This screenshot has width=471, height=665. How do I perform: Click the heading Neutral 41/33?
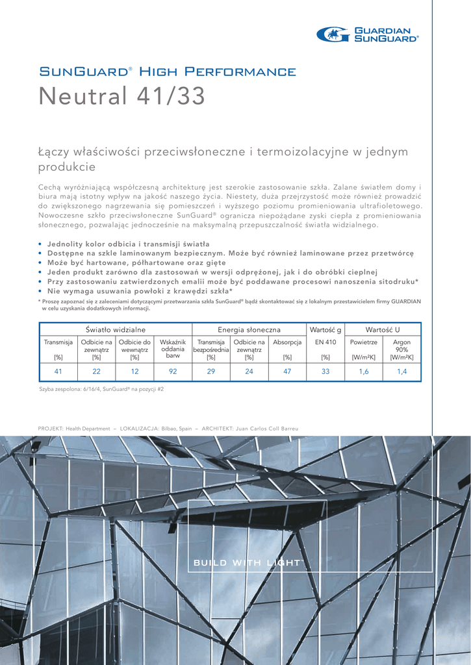point(121,97)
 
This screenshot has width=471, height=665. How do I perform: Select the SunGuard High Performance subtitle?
point(167,71)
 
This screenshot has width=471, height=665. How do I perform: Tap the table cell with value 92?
point(173,371)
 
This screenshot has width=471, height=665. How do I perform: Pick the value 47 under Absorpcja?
point(287,371)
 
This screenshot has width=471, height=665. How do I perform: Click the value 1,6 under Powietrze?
point(364,371)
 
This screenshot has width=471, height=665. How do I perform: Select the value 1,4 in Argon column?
point(401,371)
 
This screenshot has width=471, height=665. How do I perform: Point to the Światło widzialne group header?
point(116,330)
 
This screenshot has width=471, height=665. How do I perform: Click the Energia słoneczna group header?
point(249,330)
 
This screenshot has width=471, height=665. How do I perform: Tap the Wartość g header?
point(325,330)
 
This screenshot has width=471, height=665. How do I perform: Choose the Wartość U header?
point(383,330)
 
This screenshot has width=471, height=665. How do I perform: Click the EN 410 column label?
point(325,342)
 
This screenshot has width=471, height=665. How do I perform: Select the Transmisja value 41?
point(58,371)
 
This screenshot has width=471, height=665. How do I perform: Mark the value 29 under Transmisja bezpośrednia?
point(210,371)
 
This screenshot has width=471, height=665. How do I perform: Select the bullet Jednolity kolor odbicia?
point(108,244)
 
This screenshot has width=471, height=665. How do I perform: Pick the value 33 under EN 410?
point(325,371)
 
